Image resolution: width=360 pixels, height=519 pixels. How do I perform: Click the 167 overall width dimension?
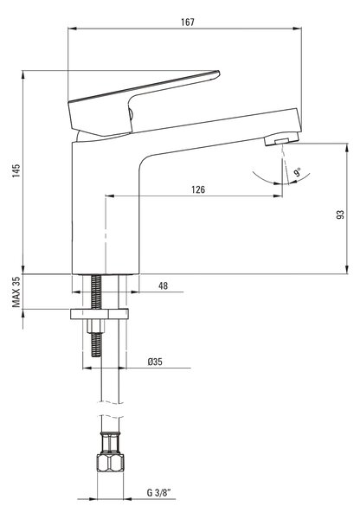[x=188, y=22]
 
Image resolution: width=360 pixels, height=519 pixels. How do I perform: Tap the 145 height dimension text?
[x=16, y=170]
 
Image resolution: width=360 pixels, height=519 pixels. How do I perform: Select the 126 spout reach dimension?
[x=198, y=189]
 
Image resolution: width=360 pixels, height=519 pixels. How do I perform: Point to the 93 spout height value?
[x=340, y=215]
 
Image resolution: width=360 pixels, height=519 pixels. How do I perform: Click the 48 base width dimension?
[x=163, y=285]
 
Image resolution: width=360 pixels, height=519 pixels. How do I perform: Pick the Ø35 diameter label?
[x=155, y=362]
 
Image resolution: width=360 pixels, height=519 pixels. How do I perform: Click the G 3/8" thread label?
[x=158, y=492]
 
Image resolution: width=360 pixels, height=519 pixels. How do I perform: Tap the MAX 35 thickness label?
[x=16, y=292]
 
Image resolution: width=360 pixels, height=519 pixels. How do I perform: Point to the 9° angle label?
[x=297, y=172]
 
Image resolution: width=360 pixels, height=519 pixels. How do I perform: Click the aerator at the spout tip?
[x=282, y=138]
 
